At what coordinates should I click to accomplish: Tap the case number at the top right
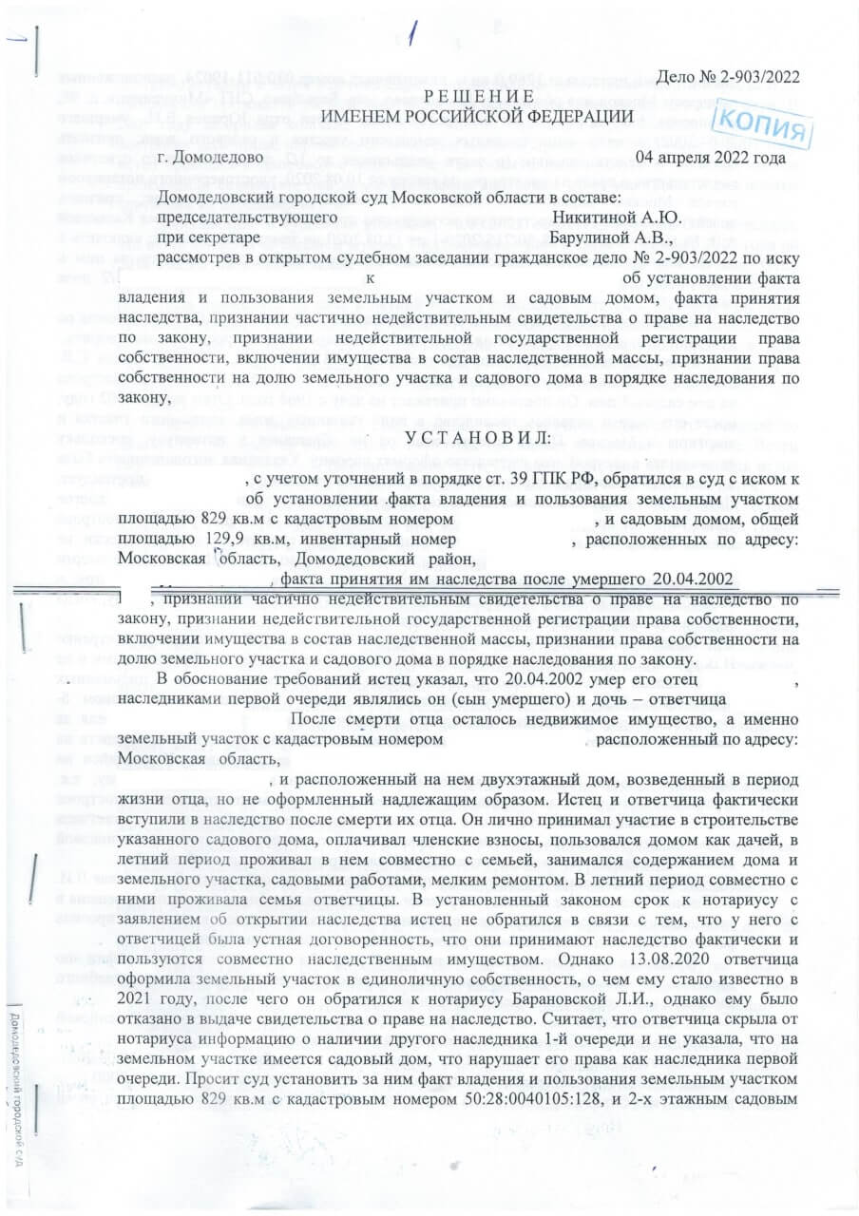[x=729, y=76]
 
